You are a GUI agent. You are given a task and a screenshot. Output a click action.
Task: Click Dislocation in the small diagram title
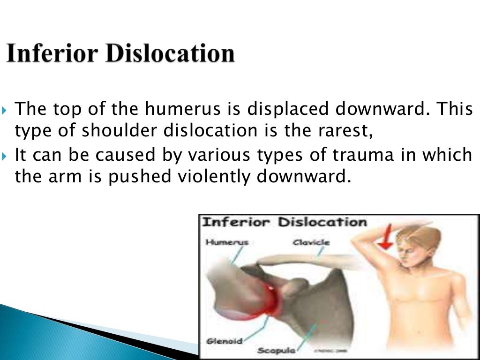tap(322, 222)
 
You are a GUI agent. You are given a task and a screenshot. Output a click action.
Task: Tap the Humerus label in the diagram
tap(226, 242)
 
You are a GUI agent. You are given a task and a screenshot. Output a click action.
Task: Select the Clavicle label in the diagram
tap(311, 242)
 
